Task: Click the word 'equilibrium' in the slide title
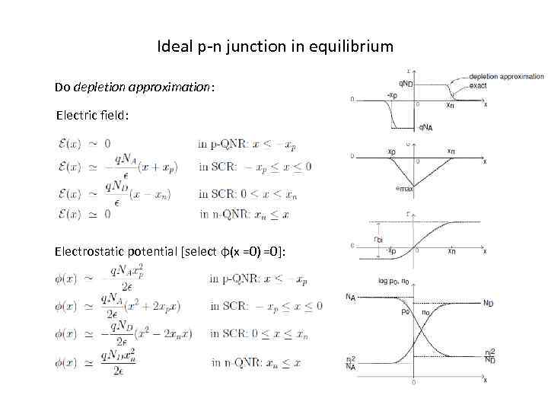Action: pos(356,46)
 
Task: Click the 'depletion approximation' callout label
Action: pos(506,76)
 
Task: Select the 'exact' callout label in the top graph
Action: pos(479,85)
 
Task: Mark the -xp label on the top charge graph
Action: pos(391,95)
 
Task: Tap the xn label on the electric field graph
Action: pos(451,151)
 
